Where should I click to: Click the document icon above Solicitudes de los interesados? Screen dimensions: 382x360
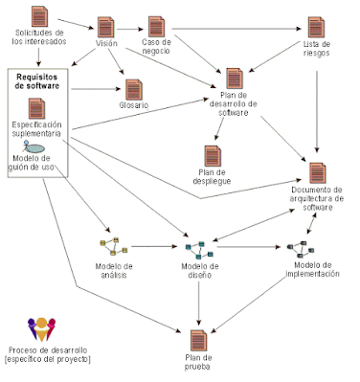(x=40, y=16)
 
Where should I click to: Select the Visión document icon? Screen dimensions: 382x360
(x=107, y=27)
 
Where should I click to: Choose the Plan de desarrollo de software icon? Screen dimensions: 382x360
(x=236, y=80)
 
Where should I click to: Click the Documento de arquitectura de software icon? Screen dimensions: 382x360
(x=317, y=173)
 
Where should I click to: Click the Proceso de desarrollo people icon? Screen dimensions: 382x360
(x=43, y=328)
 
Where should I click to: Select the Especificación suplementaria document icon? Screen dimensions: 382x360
(x=38, y=107)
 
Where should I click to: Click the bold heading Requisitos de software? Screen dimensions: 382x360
(x=39, y=80)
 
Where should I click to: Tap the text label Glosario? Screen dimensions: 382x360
(x=135, y=105)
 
